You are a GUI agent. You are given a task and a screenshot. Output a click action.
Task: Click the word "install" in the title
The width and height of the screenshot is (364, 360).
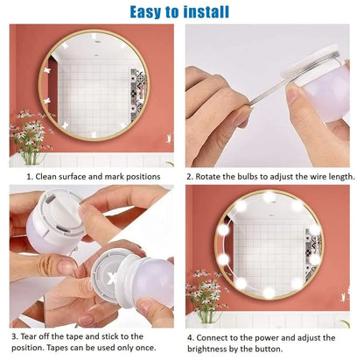(206, 12)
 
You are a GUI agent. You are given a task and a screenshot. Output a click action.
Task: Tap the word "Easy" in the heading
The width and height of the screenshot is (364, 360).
(146, 12)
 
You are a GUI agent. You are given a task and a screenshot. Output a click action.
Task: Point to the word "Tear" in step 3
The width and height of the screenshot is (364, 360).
(29, 336)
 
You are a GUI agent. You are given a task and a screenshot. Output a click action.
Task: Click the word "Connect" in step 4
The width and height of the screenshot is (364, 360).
(212, 338)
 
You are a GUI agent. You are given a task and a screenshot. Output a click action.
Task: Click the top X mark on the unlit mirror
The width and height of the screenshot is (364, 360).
(94, 37)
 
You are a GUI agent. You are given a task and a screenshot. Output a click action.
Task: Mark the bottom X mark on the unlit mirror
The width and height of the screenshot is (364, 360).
(94, 135)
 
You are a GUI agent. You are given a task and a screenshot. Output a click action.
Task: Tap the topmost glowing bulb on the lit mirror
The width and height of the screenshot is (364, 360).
(269, 197)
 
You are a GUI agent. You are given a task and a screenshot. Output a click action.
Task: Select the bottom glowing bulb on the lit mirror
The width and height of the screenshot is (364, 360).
(269, 292)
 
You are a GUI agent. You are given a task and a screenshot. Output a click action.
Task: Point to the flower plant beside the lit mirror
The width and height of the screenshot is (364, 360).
(207, 296)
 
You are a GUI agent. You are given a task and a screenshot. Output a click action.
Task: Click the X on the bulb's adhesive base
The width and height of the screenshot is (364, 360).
(111, 278)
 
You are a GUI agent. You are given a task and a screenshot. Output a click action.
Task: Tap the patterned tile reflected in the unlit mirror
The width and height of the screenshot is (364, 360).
(137, 94)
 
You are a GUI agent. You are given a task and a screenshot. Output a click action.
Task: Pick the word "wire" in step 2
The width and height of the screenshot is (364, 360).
(318, 177)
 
